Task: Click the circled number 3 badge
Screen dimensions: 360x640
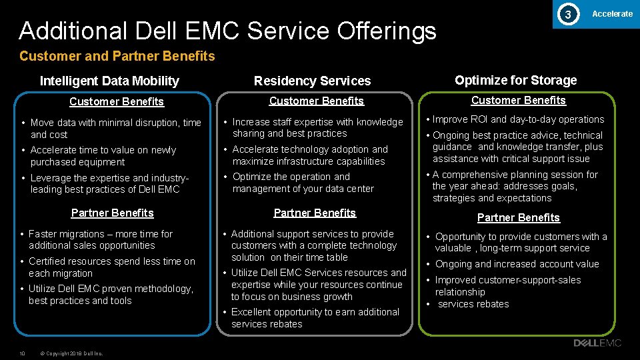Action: [567, 14]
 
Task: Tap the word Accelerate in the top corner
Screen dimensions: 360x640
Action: [612, 14]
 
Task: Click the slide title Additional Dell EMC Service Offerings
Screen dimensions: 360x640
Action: [227, 31]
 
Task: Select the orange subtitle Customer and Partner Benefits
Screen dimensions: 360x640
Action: [117, 56]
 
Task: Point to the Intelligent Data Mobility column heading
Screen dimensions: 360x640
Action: [109, 81]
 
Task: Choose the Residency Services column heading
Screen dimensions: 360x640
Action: [312, 81]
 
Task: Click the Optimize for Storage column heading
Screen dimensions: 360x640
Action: [515, 81]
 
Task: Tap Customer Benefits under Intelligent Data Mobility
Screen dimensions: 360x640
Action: [117, 102]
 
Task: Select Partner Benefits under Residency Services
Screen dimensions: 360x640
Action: [315, 213]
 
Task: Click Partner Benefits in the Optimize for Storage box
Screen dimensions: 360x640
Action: [518, 218]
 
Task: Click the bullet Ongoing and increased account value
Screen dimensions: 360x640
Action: [517, 265]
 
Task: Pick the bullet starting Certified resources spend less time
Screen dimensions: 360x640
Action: [111, 267]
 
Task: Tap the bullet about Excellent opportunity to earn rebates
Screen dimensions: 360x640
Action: [315, 318]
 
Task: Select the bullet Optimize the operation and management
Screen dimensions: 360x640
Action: [303, 183]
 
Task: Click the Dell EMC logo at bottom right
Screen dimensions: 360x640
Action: [597, 343]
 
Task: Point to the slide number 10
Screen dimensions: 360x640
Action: [22, 353]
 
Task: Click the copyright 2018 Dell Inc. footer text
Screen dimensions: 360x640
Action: [71, 353]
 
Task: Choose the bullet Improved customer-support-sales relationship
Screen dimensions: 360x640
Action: [508, 286]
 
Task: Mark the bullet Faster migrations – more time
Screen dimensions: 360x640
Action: [100, 240]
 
